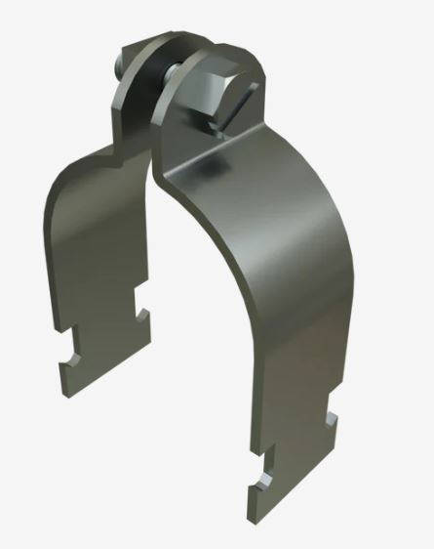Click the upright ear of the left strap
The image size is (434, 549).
pyautogui.click(x=130, y=98)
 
